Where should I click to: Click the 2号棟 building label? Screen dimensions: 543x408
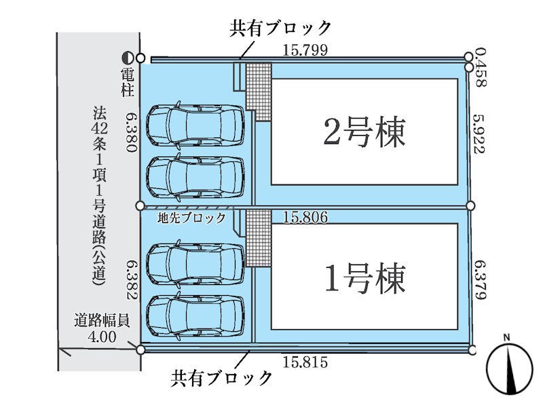click(x=364, y=132)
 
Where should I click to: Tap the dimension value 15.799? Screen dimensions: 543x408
click(x=305, y=50)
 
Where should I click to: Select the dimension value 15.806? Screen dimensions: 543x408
click(x=305, y=217)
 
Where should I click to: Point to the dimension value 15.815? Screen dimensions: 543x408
click(x=305, y=362)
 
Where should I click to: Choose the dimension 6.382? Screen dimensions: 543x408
click(x=132, y=280)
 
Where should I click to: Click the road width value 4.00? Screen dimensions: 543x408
click(x=102, y=337)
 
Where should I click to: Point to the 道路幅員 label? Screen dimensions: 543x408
click(x=102, y=321)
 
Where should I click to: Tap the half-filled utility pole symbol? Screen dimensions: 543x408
click(x=128, y=58)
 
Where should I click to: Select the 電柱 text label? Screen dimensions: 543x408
click(x=128, y=82)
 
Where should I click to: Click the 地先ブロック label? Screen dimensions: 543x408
click(x=191, y=218)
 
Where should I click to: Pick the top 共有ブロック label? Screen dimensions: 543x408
click(x=280, y=28)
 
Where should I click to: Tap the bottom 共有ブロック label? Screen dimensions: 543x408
click(x=221, y=377)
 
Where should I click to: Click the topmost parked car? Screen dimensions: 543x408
click(x=195, y=124)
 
